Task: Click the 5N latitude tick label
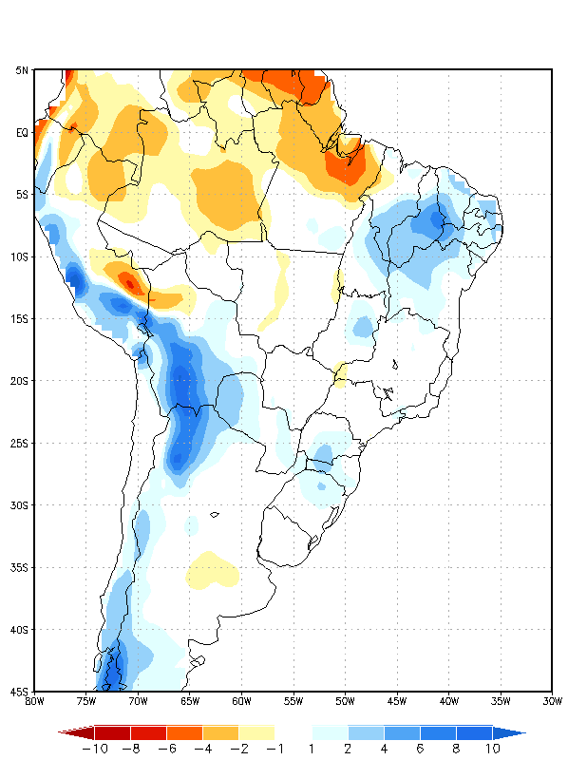click(x=22, y=69)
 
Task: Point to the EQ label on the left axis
click(x=22, y=132)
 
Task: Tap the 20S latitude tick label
click(x=19, y=381)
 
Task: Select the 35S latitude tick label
click(x=19, y=567)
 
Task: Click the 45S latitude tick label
click(x=19, y=692)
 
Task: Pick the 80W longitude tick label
click(x=34, y=702)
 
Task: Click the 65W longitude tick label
click(x=189, y=702)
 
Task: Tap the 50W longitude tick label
click(x=345, y=702)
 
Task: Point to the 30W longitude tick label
click(x=552, y=702)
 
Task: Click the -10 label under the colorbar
click(x=94, y=749)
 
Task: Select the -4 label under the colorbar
click(x=201, y=749)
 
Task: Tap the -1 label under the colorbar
click(x=274, y=749)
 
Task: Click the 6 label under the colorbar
click(x=420, y=749)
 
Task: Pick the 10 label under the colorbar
click(x=492, y=749)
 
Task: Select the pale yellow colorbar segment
click(x=256, y=732)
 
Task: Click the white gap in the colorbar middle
click(x=293, y=732)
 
